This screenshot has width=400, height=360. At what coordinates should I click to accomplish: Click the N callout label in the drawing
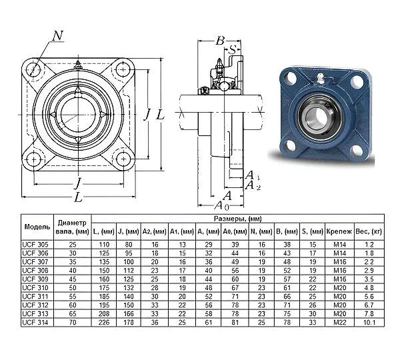pos(57,36)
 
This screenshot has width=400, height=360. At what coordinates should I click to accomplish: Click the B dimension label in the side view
pos(220,41)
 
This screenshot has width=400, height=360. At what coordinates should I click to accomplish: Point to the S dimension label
pos(233,49)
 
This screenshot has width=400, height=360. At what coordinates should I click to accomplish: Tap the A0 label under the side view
pos(221,205)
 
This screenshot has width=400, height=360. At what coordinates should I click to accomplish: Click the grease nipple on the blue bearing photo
pos(319,78)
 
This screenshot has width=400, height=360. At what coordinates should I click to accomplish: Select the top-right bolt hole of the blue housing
pos(357,81)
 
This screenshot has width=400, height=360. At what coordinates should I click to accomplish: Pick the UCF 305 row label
pos(35,245)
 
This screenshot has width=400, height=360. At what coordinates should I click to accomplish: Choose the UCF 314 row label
pos(35,322)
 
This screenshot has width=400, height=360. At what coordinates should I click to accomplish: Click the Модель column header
pos(37,227)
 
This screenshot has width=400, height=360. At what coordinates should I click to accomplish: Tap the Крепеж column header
pos(339,231)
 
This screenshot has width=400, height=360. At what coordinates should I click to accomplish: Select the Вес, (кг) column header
pos(369,231)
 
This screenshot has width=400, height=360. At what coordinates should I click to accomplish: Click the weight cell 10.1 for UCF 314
pos(369,322)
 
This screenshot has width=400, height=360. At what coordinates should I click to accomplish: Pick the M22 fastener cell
pos(340,322)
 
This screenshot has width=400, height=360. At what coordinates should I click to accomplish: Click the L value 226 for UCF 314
pos(104,322)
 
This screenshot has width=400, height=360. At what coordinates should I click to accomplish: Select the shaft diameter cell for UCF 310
pos(73,287)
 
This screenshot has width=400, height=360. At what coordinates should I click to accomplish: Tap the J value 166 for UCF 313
pos(128,313)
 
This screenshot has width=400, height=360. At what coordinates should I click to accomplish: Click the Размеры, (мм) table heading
pos(238,219)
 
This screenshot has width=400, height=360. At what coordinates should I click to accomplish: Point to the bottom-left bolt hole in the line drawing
pos(34,159)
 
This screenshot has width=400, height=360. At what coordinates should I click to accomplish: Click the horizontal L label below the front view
pos(78,197)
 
